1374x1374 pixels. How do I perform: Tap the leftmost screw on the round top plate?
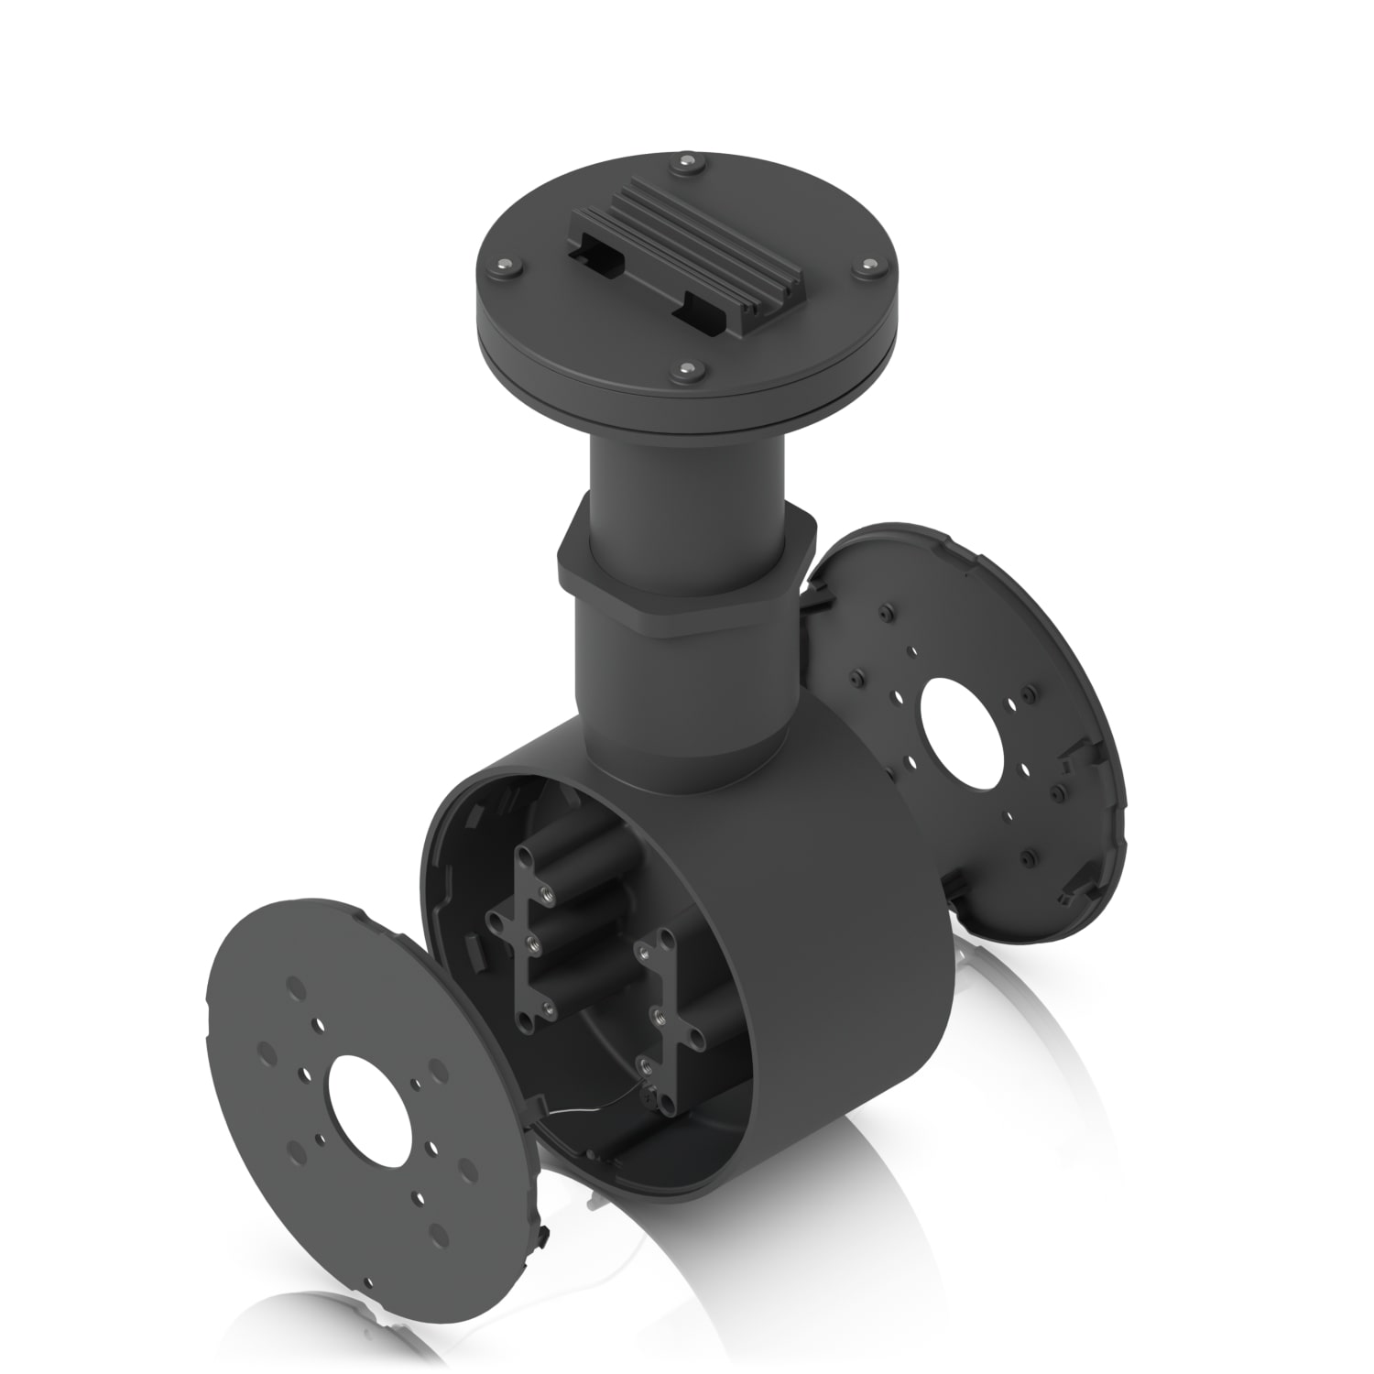pos(502,266)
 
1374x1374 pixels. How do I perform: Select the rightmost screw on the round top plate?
pos(867,267)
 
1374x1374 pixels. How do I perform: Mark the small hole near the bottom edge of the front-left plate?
pos(367,1280)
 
